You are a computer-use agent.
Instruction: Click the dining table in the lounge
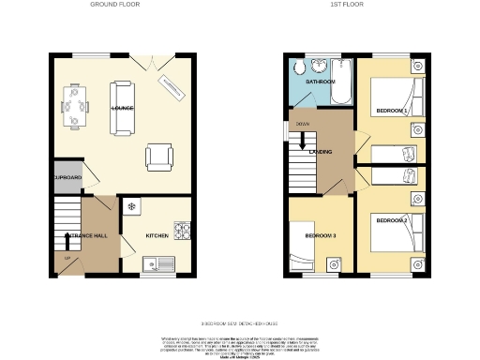(76, 105)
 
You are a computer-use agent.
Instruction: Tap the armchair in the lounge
(159, 157)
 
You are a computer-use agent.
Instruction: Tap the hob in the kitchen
(181, 229)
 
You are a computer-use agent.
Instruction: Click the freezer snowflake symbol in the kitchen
(131, 206)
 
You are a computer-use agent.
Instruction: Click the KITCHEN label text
(156, 235)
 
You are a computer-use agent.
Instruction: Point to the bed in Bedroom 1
(397, 98)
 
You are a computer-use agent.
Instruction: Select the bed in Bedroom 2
(397, 232)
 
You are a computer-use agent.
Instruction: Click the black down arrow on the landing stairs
(302, 141)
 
